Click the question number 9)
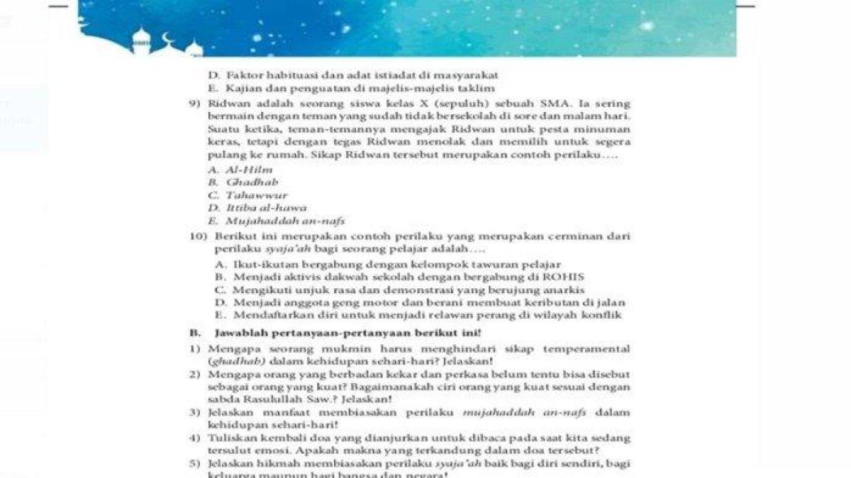(x=196, y=103)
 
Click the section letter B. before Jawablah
(x=193, y=333)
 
